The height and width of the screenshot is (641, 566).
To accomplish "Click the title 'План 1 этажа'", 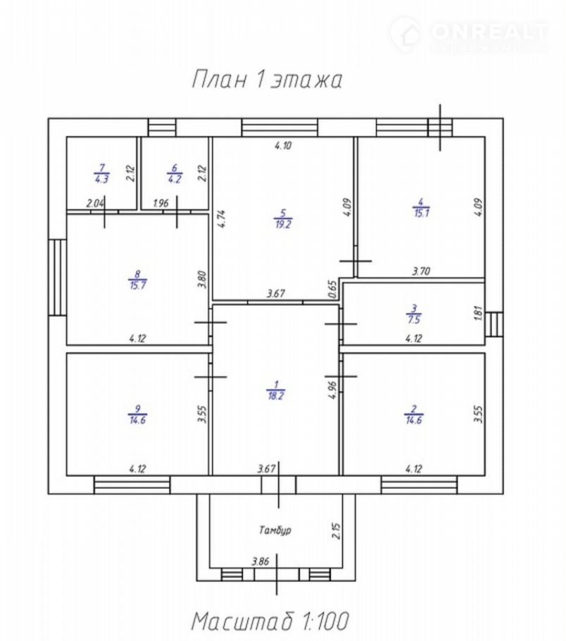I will click(267, 80).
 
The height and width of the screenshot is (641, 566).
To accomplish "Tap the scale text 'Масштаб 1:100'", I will click(270, 621).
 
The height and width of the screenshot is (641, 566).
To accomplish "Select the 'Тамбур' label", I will click(275, 529).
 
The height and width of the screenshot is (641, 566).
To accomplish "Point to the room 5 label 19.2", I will click(282, 219).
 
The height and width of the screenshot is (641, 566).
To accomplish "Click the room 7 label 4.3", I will click(101, 173).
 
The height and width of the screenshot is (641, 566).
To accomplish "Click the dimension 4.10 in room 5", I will click(282, 146).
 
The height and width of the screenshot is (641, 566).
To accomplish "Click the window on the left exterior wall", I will click(57, 276).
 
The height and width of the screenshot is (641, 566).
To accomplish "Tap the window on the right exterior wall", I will click(495, 324).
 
